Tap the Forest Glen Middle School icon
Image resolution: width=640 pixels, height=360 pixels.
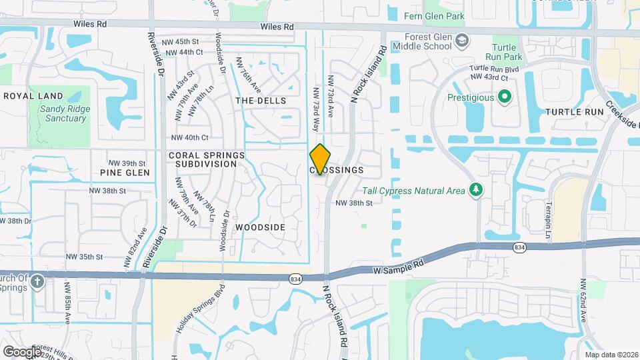[x=461, y=41]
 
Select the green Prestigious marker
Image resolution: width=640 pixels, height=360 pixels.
[x=505, y=97]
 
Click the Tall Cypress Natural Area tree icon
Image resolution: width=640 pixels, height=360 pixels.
[x=475, y=191]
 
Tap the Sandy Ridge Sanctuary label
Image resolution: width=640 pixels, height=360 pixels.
[x=63, y=113]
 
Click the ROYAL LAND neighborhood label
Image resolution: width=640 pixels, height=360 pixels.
[x=33, y=96]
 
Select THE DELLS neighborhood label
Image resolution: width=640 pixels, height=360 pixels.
[x=261, y=101]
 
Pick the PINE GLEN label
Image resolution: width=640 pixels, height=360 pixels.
[x=125, y=173]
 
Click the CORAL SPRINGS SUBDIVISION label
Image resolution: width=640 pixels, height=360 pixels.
[x=207, y=159]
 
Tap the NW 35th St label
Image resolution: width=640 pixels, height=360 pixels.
[x=85, y=256]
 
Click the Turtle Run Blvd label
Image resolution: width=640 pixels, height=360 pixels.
[x=494, y=69]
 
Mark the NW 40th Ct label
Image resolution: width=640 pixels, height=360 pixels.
[x=190, y=138]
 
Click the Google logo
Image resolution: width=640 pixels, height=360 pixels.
[x=22, y=351]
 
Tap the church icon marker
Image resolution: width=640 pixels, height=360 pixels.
[x=37, y=281]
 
